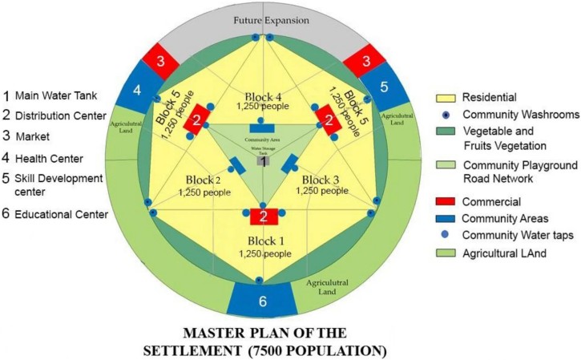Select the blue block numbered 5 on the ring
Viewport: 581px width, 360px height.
click(x=385, y=87)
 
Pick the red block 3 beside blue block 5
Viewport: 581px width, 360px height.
click(x=361, y=59)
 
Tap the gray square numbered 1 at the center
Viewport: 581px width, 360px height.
click(x=262, y=160)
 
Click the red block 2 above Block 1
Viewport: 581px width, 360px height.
click(x=261, y=216)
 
